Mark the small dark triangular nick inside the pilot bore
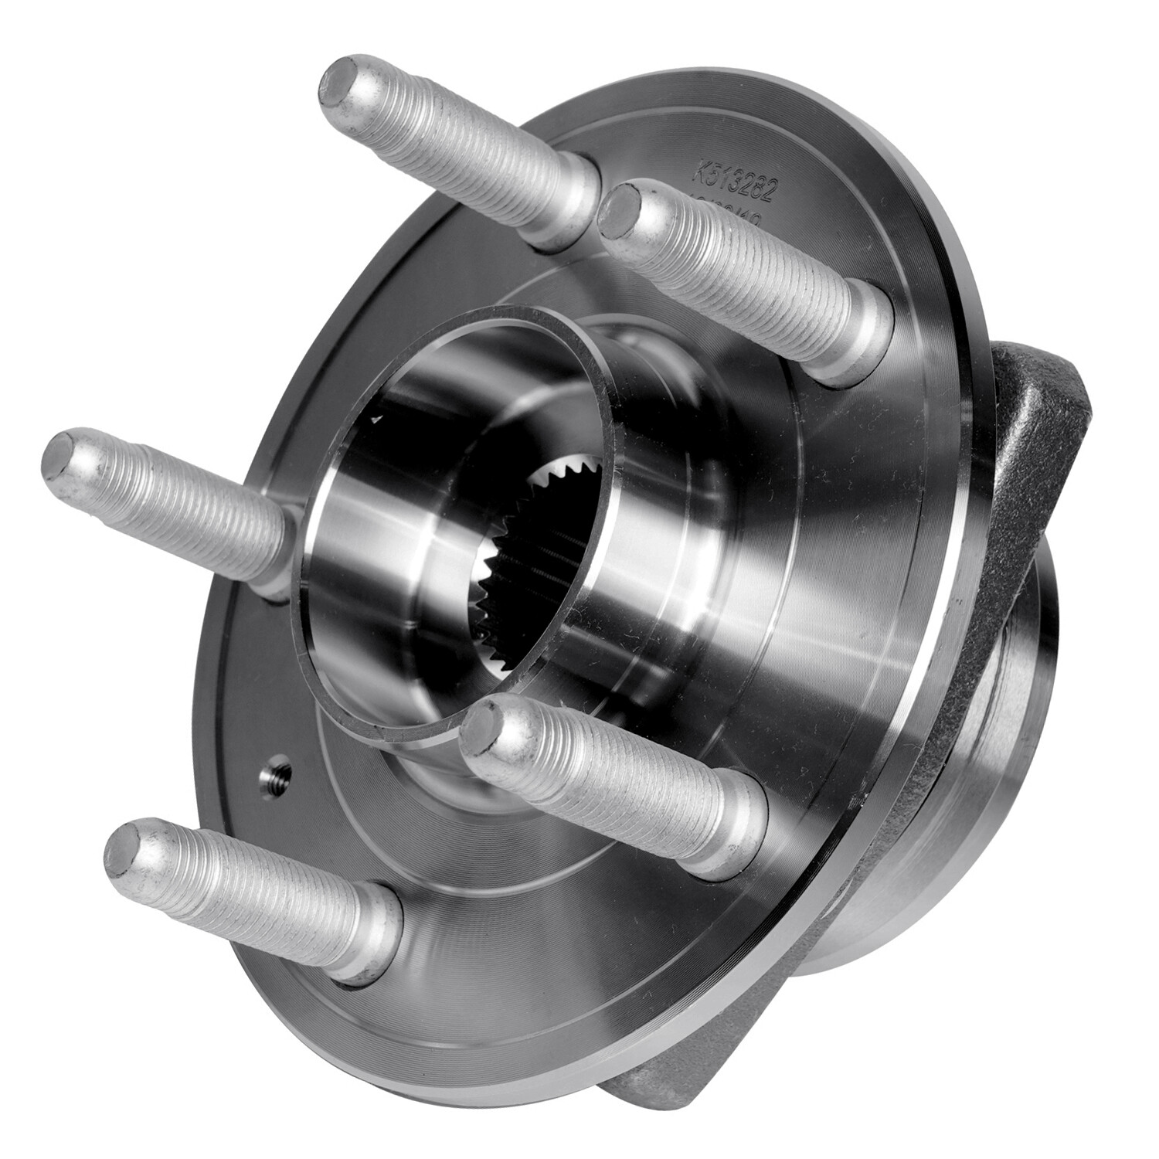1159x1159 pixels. (x=377, y=420)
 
